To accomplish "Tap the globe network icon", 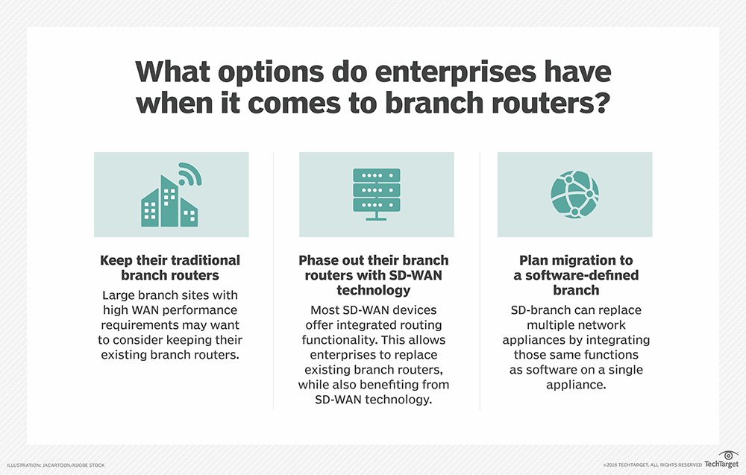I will (x=574, y=195).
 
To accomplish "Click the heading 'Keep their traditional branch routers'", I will (x=170, y=267).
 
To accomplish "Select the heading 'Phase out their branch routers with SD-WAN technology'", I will (x=373, y=275).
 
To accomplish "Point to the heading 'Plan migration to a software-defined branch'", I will (x=575, y=275).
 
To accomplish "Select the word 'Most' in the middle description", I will (x=322, y=309).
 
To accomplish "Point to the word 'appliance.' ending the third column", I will (x=575, y=386).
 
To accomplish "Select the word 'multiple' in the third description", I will (x=551, y=324).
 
